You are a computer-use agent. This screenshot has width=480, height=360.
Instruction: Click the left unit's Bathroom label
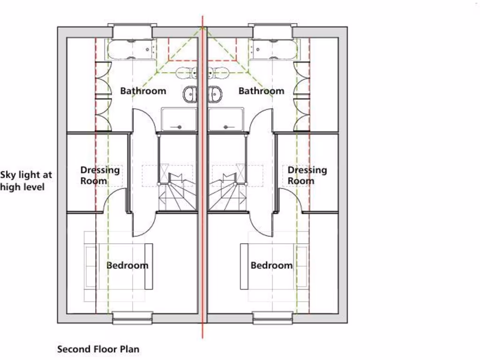coord(143,91)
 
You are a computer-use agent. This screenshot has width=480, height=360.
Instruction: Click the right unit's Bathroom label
coord(261,91)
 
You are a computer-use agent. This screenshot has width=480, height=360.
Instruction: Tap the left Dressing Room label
coord(100,175)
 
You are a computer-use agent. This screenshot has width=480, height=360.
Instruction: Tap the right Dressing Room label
coord(307,175)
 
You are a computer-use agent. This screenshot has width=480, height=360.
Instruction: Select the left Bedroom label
coord(127,265)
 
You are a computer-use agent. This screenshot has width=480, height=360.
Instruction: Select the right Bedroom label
coord(271,265)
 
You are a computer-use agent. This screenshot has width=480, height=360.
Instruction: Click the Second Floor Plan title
coord(98,349)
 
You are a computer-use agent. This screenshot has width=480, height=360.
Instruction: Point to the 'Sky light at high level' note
coord(26,181)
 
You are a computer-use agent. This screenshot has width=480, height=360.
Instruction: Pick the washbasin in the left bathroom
coord(189,94)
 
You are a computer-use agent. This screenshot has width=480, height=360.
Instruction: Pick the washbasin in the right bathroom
coord(215,94)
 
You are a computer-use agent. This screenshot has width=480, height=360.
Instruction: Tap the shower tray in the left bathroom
coord(179,119)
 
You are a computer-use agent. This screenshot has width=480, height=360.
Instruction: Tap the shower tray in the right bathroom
coord(226,119)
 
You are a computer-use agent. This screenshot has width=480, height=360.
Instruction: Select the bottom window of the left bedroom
coord(132,318)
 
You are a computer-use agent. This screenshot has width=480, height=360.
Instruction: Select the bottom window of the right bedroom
coord(273,318)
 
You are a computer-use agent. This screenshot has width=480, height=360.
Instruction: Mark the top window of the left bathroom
coord(133,32)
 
